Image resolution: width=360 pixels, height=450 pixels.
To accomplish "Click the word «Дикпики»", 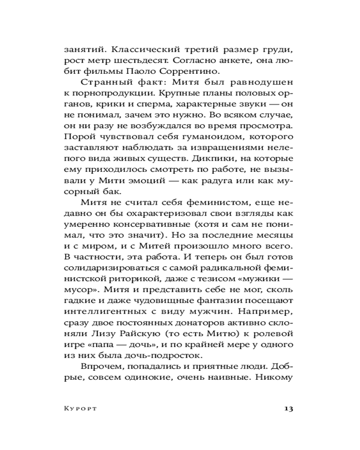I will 210,158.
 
